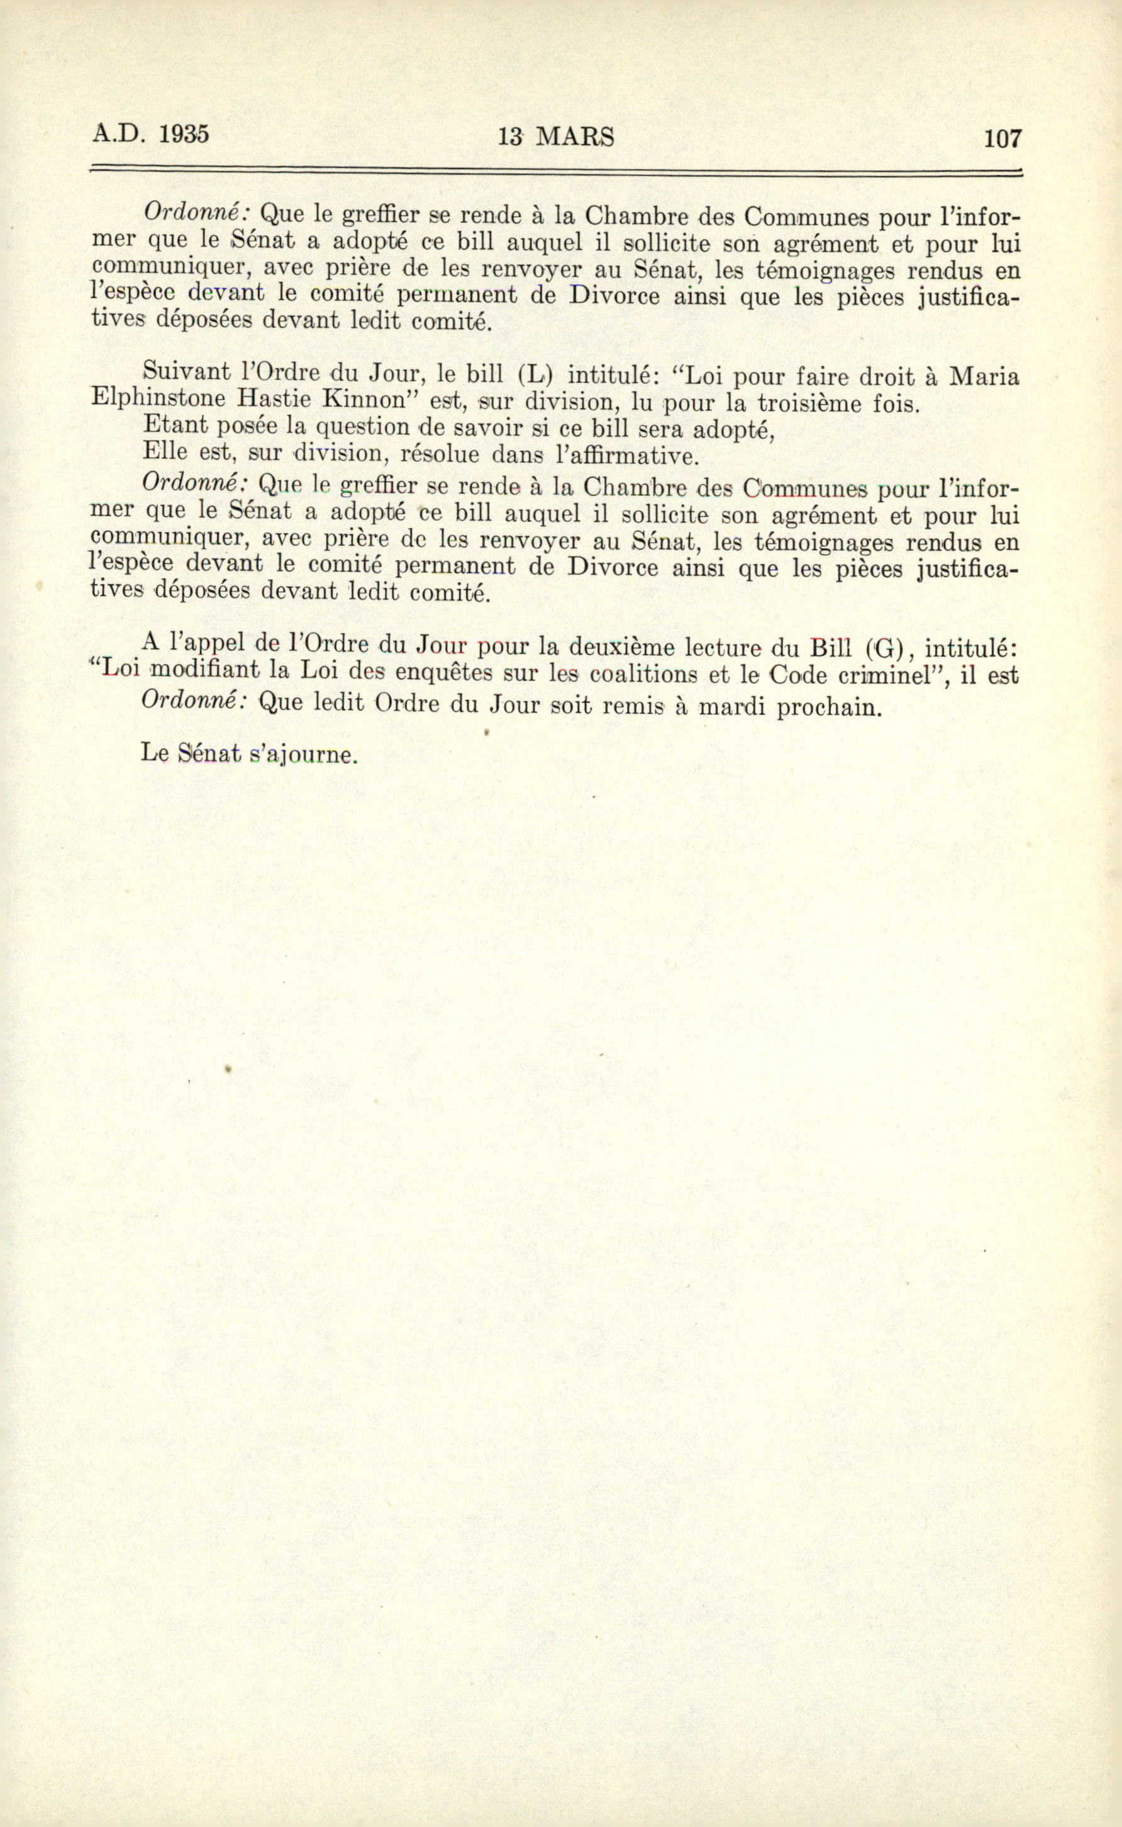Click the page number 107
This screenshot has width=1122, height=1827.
coord(1003,139)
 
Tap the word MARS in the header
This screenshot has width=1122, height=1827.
coord(575,137)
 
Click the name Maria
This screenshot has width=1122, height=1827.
coord(985,376)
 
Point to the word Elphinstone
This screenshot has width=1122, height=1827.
coord(157,399)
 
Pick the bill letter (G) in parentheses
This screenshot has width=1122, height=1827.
coord(883,648)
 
